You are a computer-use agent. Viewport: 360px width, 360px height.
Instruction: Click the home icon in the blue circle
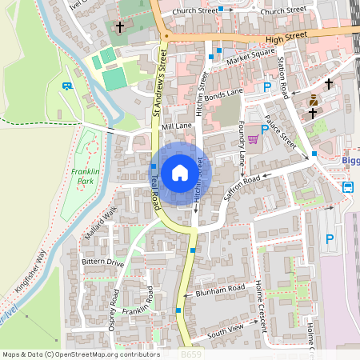tap(180, 172)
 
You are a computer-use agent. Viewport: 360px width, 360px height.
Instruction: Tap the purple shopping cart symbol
tap(254, 139)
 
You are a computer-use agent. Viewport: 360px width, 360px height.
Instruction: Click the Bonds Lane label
tap(223, 95)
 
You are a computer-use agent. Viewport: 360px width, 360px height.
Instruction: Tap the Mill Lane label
tap(177, 126)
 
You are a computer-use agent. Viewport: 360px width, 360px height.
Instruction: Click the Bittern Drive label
tap(104, 262)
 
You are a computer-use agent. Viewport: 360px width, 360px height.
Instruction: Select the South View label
tap(224, 332)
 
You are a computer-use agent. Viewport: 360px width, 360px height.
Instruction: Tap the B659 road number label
tap(191, 354)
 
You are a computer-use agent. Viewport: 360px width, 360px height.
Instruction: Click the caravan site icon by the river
tap(67, 86)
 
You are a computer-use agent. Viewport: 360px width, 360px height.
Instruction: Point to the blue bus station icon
tap(349, 188)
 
